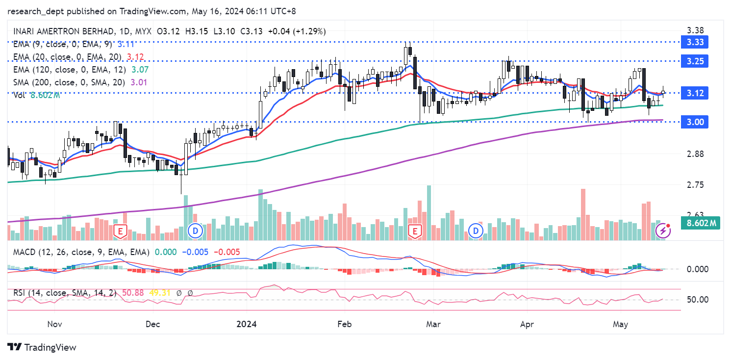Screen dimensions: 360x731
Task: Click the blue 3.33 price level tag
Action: point(695,42)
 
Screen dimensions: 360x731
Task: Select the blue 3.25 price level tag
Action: point(695,61)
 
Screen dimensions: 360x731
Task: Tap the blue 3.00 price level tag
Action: point(695,122)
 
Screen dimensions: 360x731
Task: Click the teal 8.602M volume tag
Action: point(702,224)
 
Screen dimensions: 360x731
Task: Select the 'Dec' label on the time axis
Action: point(153,324)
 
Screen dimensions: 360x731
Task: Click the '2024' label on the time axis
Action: point(247,324)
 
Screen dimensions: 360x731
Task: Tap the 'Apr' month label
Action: point(527,324)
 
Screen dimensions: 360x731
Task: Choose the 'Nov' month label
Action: point(54,324)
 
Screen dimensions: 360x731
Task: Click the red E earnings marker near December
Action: point(119,231)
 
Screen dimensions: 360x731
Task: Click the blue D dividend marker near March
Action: point(475,231)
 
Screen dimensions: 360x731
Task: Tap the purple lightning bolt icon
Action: point(663,231)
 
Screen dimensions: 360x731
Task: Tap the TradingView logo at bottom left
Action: point(43,347)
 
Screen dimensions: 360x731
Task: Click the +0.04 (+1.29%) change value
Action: point(296,31)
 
